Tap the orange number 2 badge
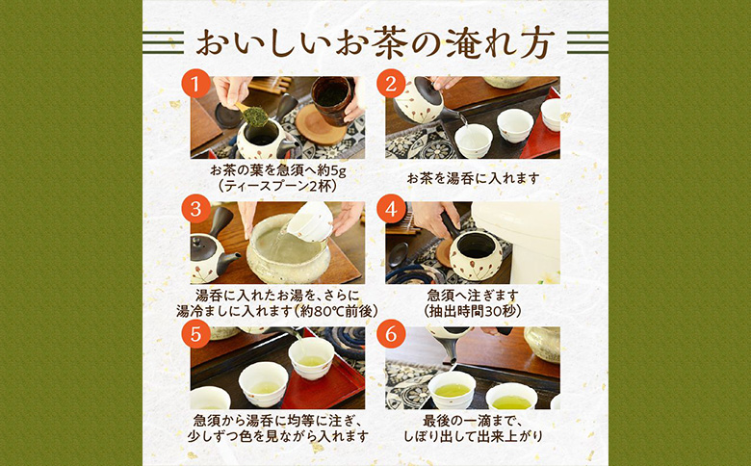391,84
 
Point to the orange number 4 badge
391,209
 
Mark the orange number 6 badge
391,334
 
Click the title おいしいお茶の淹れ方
375,42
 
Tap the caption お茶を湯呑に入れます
472,178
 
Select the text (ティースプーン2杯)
277,187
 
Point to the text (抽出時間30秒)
472,312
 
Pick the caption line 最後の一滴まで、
472,422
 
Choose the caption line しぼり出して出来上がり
472,437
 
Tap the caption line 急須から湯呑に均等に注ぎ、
277,422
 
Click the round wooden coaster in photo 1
321,125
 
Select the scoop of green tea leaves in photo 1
254,116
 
